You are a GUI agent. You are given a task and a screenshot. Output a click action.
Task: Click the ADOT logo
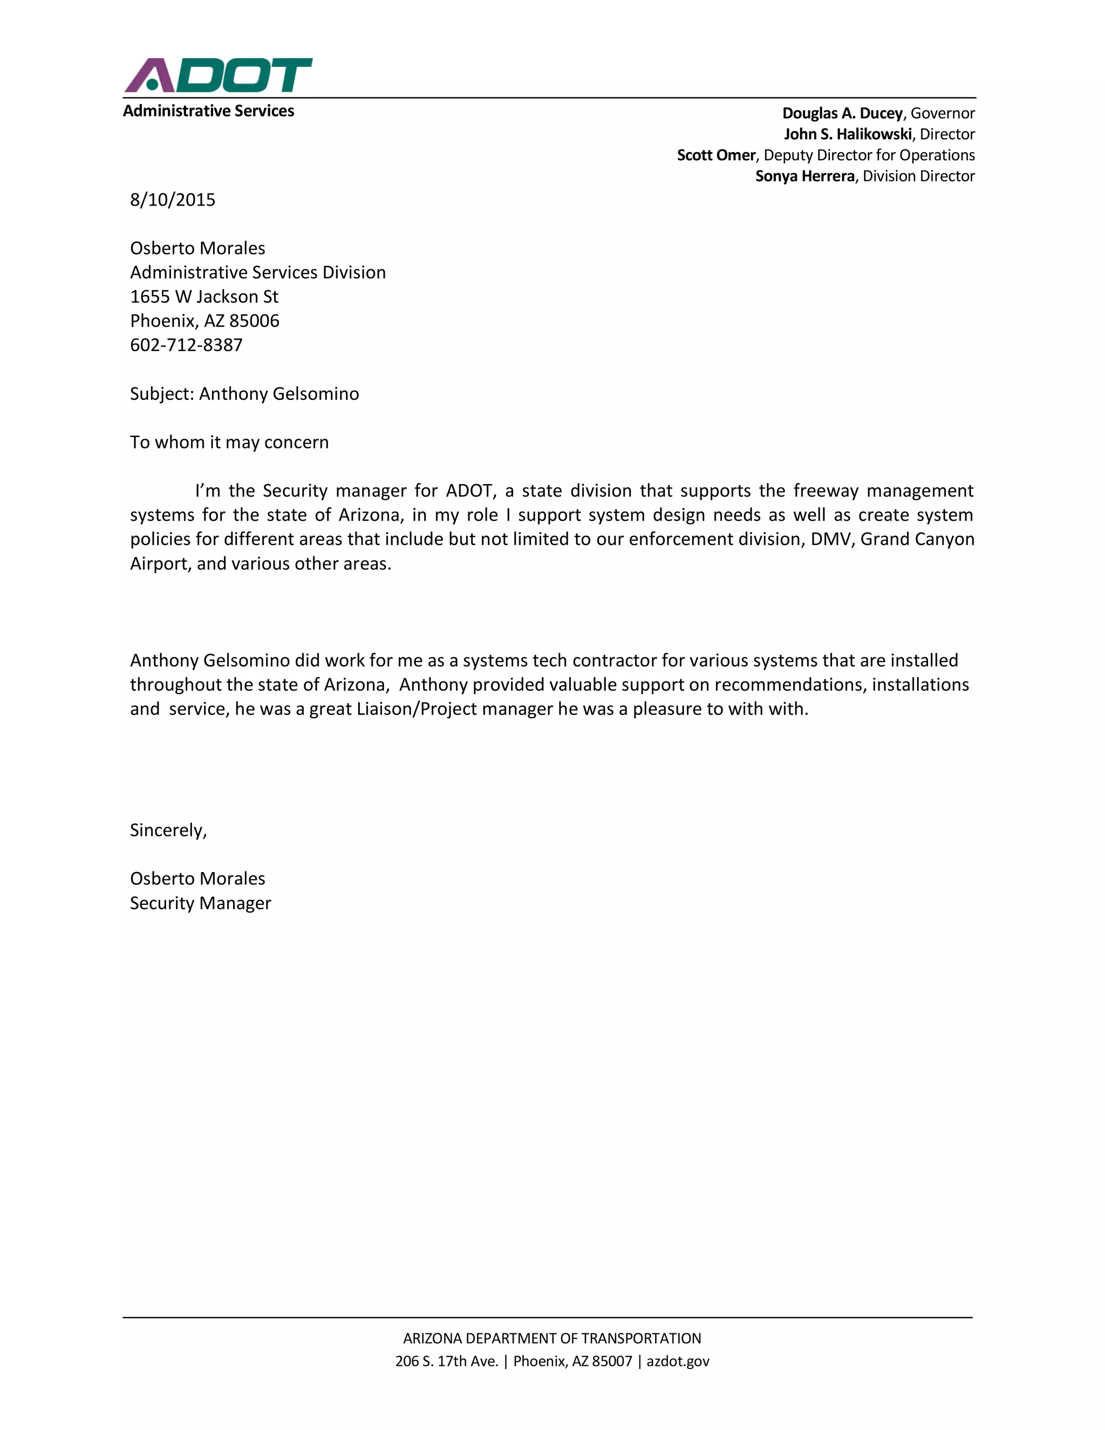218,76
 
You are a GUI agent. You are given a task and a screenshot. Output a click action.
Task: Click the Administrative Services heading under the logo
208,111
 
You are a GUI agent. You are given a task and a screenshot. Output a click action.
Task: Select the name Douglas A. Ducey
842,113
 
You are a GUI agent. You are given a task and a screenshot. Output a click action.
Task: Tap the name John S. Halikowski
847,134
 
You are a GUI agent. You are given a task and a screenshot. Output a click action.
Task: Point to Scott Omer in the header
715,155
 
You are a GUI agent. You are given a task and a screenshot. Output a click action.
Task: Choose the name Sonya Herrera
804,176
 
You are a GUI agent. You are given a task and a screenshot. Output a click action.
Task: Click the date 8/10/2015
172,200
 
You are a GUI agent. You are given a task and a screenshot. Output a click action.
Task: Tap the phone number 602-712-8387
186,345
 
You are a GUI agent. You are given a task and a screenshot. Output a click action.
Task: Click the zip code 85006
254,321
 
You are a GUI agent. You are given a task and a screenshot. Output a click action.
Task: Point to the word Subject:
162,393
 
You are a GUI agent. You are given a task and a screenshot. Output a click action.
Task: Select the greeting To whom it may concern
229,442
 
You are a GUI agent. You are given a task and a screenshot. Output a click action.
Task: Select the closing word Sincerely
168,830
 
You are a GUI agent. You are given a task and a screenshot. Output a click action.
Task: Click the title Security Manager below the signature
200,903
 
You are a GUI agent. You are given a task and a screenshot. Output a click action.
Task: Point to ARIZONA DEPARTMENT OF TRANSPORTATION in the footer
552,1338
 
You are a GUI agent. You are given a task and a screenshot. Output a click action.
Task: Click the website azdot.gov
678,1361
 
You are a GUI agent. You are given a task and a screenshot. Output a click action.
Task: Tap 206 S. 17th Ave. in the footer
446,1361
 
